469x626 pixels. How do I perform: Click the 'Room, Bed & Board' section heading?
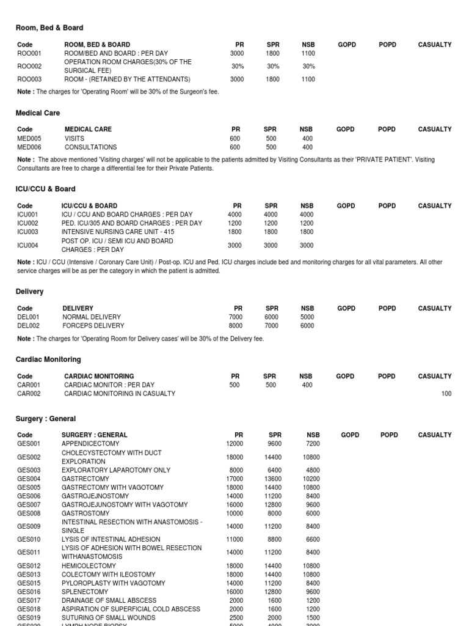[x=49, y=28]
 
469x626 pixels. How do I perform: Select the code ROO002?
[x=29, y=66]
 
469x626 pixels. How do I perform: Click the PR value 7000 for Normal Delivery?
[x=236, y=317]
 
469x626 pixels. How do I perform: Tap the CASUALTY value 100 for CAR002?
[x=446, y=394]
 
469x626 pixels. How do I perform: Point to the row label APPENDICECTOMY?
[x=90, y=444]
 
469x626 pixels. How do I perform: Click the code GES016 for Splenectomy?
[x=29, y=592]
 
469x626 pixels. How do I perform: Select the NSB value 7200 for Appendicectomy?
[x=312, y=444]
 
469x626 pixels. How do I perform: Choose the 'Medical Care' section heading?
[x=38, y=113]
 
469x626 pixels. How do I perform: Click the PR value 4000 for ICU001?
[x=235, y=215]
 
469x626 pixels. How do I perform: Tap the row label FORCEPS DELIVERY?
[x=92, y=326]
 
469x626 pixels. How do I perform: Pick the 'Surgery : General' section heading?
[x=46, y=419]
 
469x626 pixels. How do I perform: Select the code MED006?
[x=29, y=147]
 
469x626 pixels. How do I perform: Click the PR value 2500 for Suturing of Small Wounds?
[x=236, y=617]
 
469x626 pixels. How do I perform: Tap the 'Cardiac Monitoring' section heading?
[x=48, y=359]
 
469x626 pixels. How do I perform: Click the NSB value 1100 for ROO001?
[x=308, y=53]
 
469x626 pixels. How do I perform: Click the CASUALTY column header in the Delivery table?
[x=435, y=309]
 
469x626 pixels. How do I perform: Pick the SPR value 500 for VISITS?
[x=271, y=139]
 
